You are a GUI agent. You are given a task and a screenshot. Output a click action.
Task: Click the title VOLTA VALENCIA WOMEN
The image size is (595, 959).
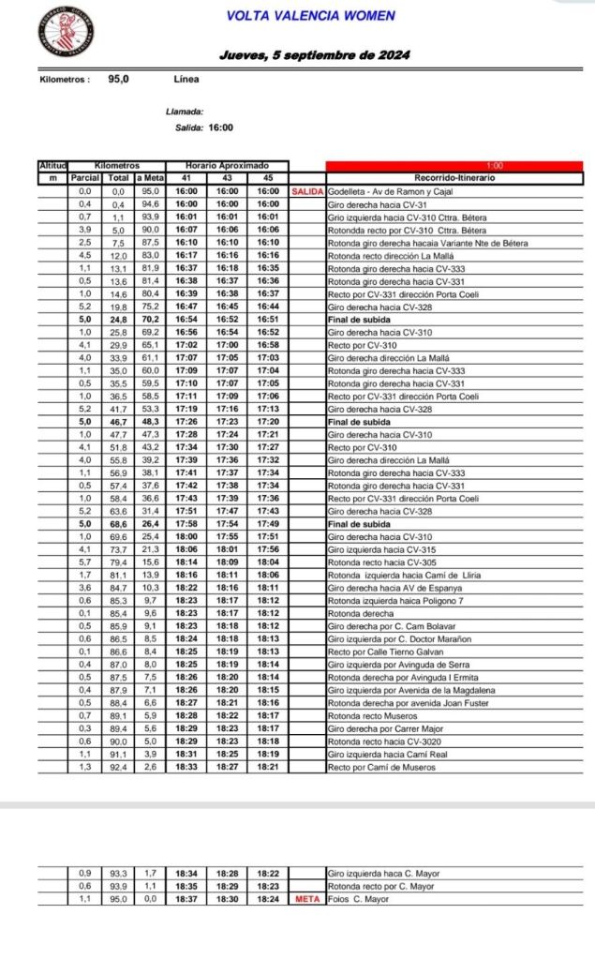pyautogui.click(x=310, y=16)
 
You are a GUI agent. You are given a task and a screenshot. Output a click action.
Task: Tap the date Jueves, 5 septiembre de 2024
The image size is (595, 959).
pyautogui.click(x=315, y=55)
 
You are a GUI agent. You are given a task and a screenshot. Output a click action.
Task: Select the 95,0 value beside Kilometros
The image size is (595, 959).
pyautogui.click(x=118, y=80)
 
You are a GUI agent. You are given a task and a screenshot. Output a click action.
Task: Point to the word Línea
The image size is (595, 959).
pyautogui.click(x=186, y=80)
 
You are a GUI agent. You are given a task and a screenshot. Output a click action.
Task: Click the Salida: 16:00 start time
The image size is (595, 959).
pyautogui.click(x=205, y=127)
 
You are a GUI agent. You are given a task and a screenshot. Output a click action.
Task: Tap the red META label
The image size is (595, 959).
pyautogui.click(x=307, y=899)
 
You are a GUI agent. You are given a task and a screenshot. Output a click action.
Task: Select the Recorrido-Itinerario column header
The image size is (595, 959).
pyautogui.click(x=454, y=178)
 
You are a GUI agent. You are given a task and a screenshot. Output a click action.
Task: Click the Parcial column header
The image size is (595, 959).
pyautogui.click(x=84, y=178)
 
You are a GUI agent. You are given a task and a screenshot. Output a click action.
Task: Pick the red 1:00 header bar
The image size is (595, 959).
pyautogui.click(x=454, y=166)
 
